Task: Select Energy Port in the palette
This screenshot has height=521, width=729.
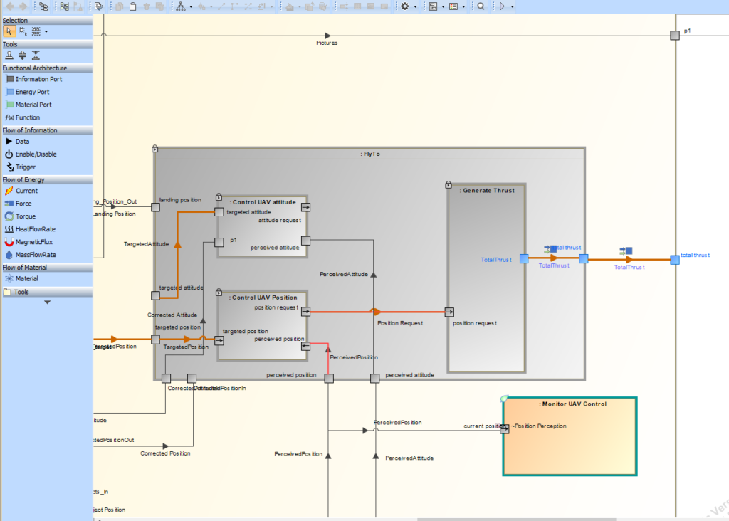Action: tap(33, 92)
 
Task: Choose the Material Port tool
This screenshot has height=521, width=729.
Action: tap(33, 105)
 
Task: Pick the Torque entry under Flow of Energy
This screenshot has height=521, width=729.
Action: tap(26, 216)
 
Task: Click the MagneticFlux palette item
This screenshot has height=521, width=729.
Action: tap(33, 242)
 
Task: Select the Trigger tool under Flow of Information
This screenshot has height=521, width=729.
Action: tap(25, 167)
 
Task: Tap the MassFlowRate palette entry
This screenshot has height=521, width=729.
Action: tap(35, 255)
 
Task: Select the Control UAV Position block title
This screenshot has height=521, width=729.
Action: tap(265, 298)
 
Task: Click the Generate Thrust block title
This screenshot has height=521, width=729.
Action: tap(488, 190)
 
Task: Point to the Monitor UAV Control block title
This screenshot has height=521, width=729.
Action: tap(572, 404)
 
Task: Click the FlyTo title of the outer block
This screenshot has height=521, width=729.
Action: tap(370, 154)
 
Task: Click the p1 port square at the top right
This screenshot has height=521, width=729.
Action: tap(674, 35)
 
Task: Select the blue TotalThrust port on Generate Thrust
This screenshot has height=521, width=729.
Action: tap(524, 259)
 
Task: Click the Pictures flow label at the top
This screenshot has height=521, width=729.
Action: tap(327, 43)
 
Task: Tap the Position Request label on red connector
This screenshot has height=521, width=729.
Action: tap(399, 323)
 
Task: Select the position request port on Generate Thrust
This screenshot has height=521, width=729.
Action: tap(449, 312)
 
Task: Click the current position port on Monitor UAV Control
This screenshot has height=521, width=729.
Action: tap(505, 428)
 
